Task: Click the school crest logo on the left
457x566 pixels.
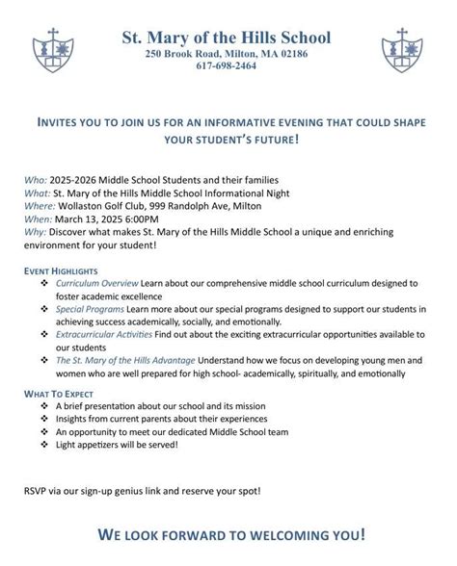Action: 50,49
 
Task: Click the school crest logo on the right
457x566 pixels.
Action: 403,49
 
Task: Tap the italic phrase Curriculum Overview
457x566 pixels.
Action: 97,285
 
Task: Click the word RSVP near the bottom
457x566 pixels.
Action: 36,492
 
